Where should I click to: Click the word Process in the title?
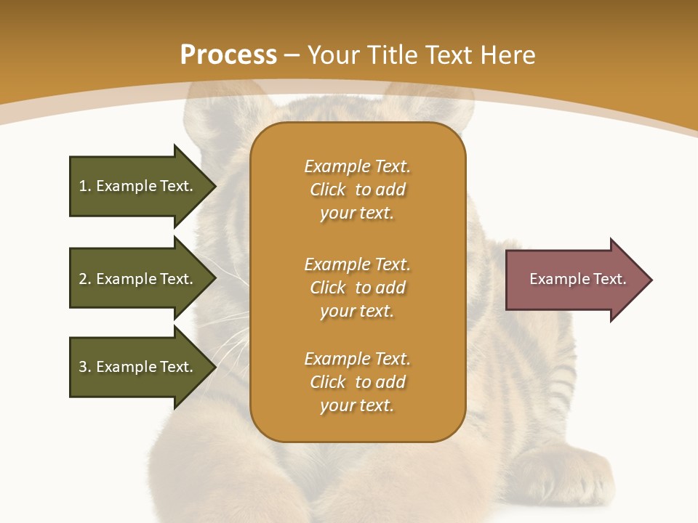pyautogui.click(x=228, y=55)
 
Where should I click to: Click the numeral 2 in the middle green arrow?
pyautogui.click(x=83, y=279)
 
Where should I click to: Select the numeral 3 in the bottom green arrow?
pyautogui.click(x=83, y=367)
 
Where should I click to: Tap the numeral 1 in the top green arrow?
pyautogui.click(x=83, y=186)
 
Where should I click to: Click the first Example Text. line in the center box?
pyautogui.click(x=357, y=166)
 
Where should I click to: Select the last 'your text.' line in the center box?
pyautogui.click(x=357, y=405)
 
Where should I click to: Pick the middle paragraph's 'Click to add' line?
pyautogui.click(x=357, y=288)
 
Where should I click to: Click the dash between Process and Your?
pyautogui.click(x=292, y=55)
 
